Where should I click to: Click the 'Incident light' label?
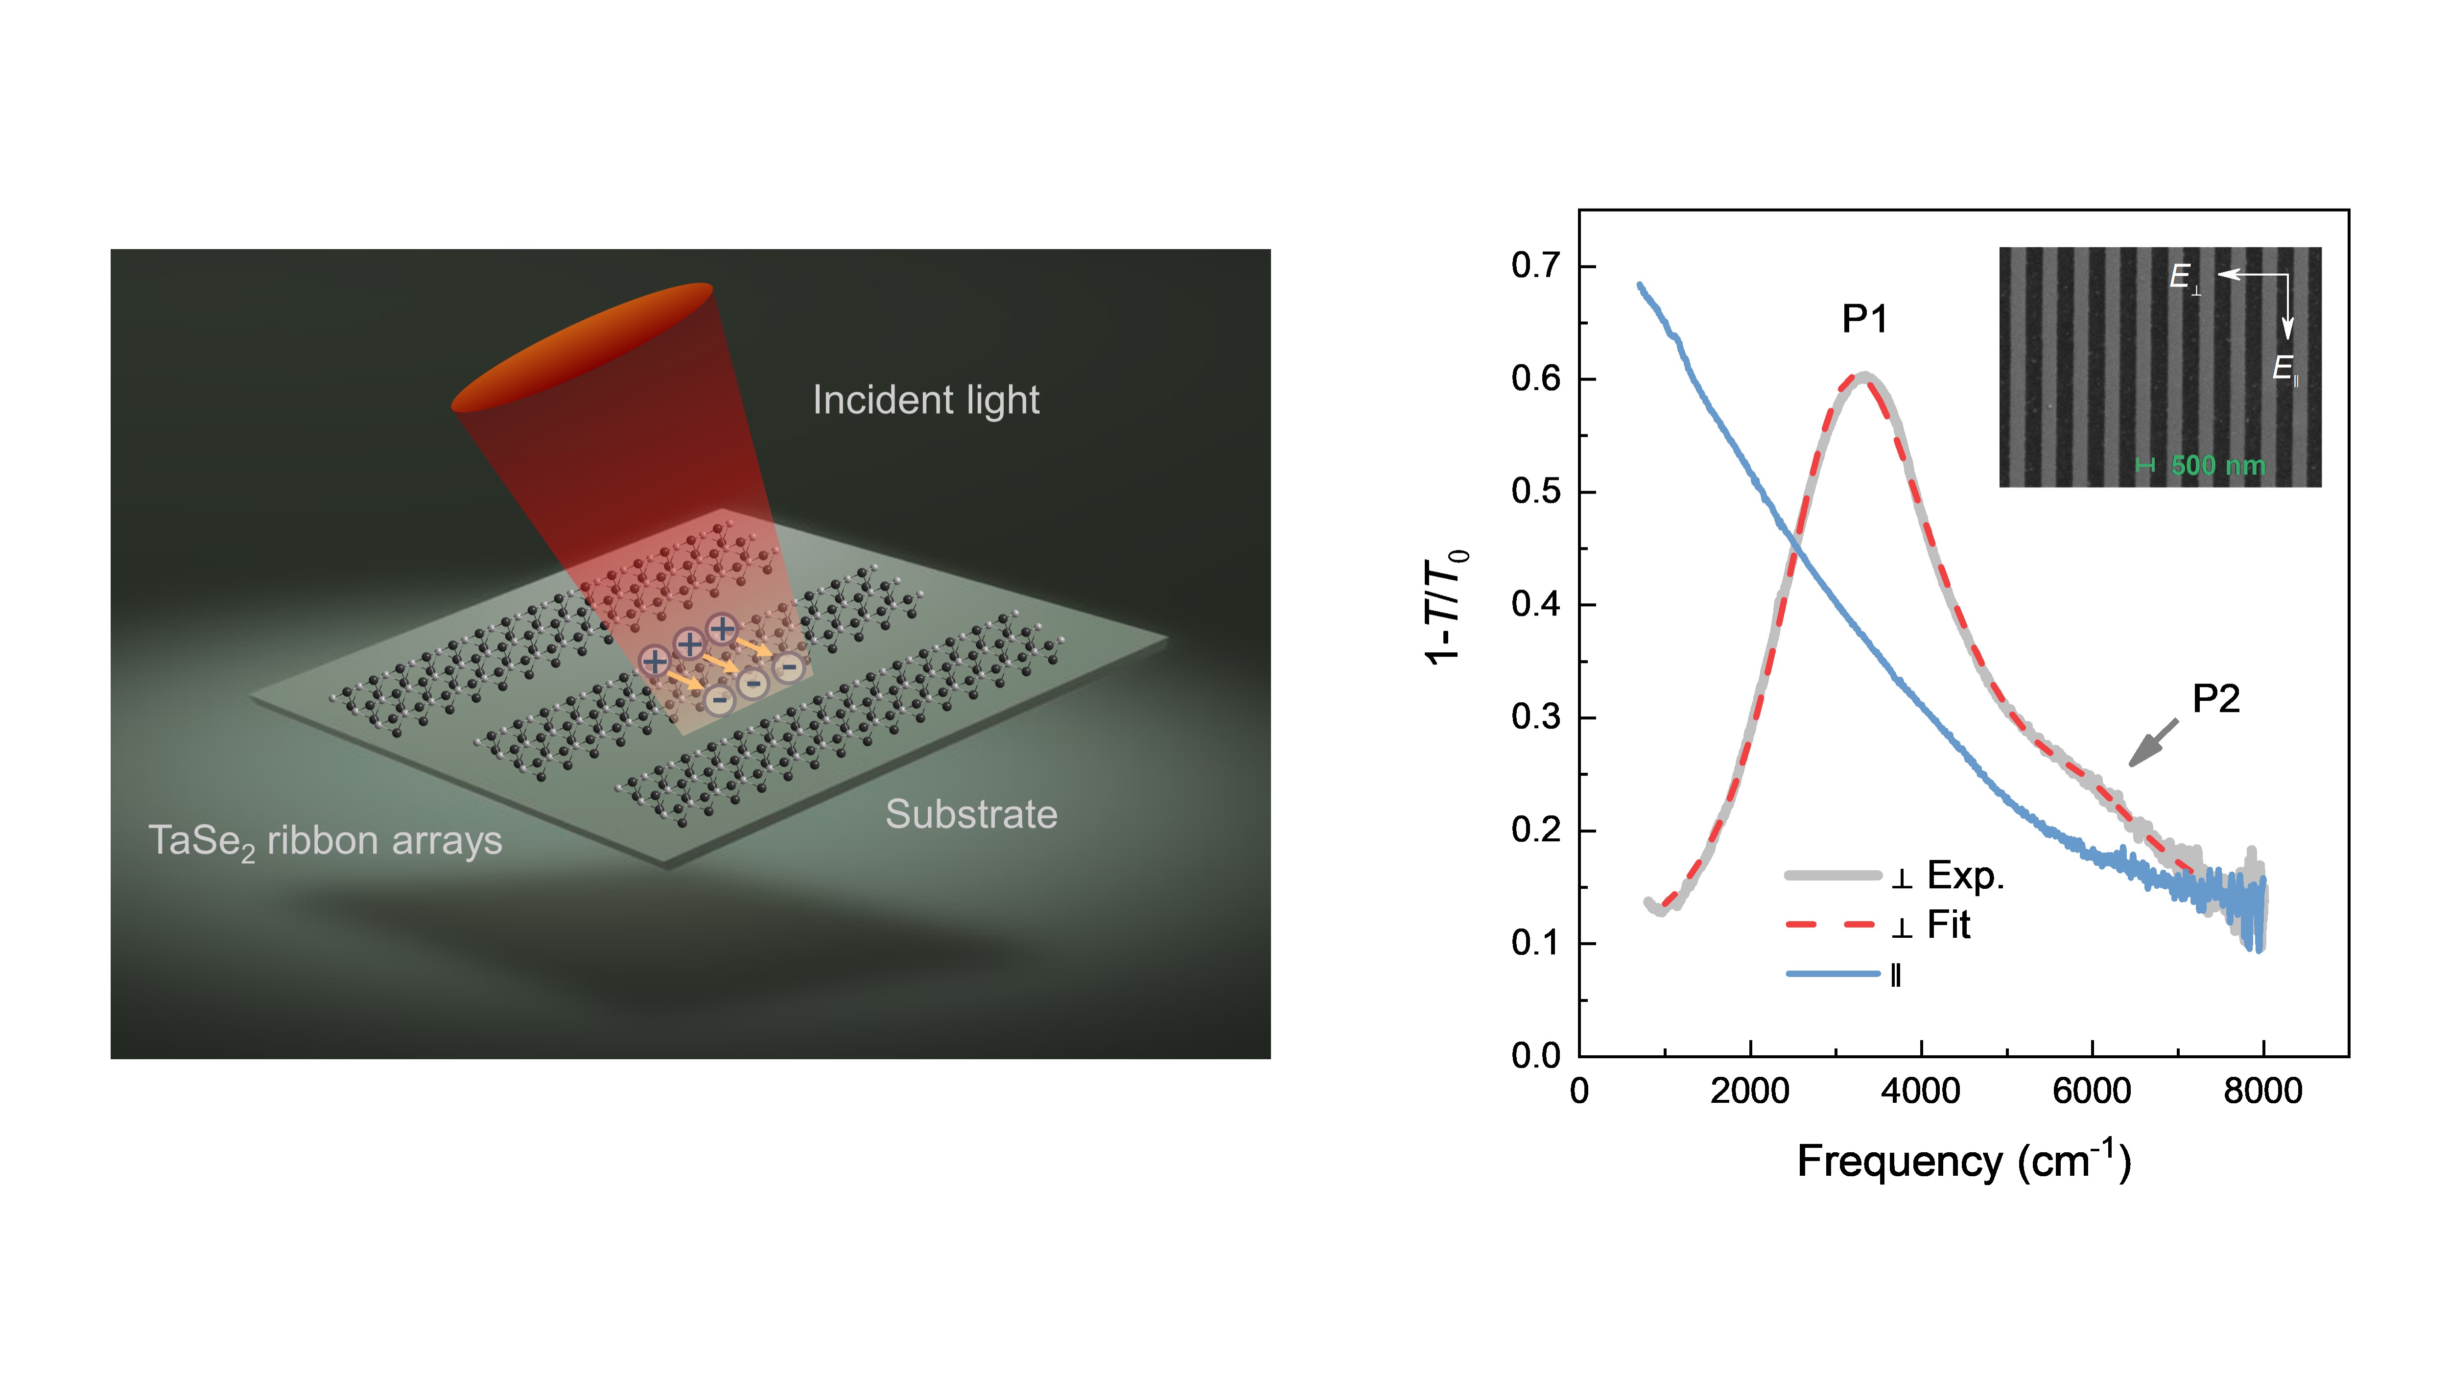[926, 400]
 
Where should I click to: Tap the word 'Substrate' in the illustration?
[971, 814]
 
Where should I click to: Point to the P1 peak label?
[1864, 319]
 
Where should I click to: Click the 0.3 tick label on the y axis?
[1536, 717]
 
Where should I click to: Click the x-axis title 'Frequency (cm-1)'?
[1963, 1161]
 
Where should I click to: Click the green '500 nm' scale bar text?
[2217, 466]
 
